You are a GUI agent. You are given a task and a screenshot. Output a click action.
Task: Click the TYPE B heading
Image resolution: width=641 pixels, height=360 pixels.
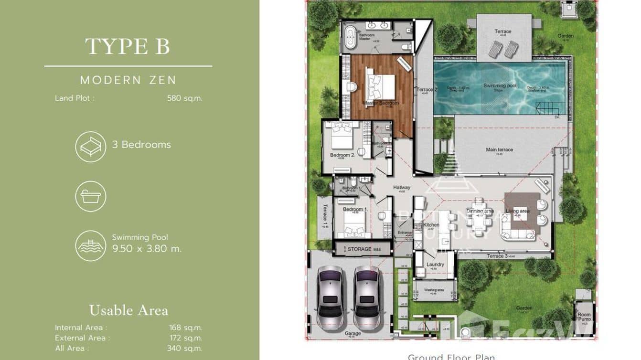click(128, 47)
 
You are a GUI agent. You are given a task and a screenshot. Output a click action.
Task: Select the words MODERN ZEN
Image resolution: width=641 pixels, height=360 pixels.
click(128, 80)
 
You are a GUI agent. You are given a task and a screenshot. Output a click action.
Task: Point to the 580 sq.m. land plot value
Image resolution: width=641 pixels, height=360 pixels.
click(184, 98)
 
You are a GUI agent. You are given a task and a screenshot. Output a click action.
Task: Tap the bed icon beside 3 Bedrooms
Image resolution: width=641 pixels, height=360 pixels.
click(90, 147)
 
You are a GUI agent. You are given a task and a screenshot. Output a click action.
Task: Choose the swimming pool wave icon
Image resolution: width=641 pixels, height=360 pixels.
click(90, 245)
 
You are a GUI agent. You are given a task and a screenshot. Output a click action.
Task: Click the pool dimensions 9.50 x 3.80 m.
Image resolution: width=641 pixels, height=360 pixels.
click(147, 248)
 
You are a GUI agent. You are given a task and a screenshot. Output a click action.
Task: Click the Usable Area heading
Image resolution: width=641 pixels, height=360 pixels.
click(128, 310)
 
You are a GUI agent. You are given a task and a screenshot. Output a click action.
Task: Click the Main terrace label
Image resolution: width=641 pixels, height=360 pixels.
click(499, 150)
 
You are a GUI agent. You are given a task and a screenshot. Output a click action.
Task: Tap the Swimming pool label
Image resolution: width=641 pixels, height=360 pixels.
click(500, 86)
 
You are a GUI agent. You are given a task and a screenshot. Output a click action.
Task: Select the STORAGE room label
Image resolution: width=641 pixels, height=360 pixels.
click(359, 249)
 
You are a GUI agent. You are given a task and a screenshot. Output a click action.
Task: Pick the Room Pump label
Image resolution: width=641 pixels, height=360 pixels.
click(584, 317)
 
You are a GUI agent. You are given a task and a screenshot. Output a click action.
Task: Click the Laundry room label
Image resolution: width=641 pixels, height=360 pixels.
click(435, 265)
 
